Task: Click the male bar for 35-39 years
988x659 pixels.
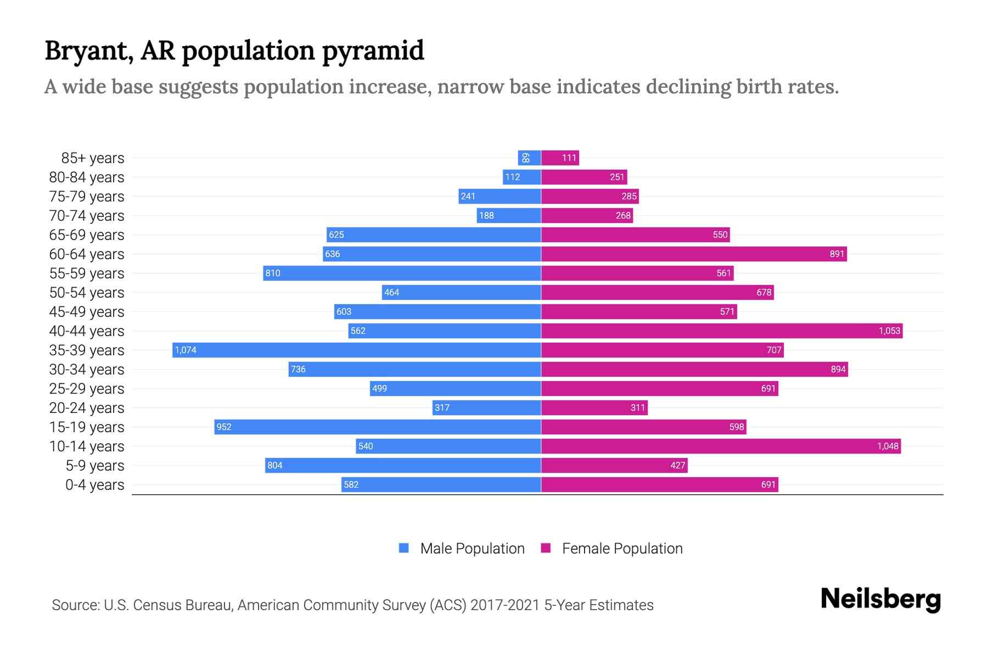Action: tap(357, 350)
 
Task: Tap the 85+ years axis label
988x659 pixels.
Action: tap(92, 158)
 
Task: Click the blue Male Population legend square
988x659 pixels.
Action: tap(404, 548)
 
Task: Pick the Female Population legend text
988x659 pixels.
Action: tap(622, 549)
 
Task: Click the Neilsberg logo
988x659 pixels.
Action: tap(880, 599)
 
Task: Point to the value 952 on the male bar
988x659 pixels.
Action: tap(224, 427)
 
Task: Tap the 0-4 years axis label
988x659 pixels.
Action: tap(94, 485)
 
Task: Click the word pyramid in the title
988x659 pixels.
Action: tap(373, 51)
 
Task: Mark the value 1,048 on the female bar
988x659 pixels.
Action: tap(888, 446)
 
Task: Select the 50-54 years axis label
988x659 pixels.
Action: tap(87, 293)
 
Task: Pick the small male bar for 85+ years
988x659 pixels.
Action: tap(529, 158)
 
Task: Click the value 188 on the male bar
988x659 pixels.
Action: tap(486, 216)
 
